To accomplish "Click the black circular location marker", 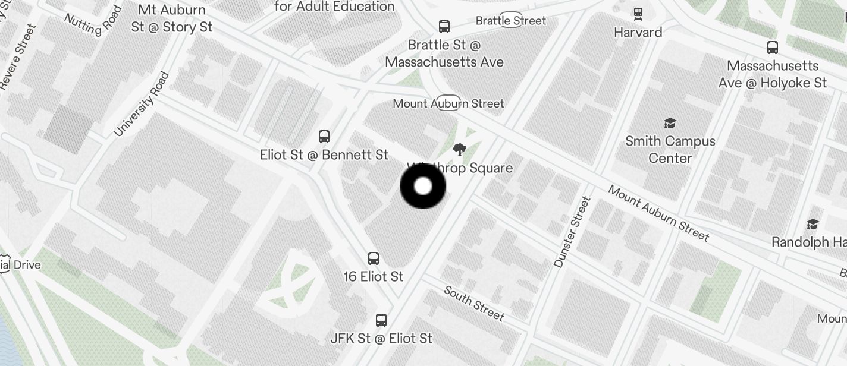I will (x=423, y=187).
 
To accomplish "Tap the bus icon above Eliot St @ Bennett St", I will (x=324, y=137).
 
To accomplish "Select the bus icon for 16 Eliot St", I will (x=374, y=258).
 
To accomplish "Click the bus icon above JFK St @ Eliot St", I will (x=381, y=320).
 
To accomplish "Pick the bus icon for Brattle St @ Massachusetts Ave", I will (x=444, y=26).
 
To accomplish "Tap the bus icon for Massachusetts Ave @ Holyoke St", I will (x=773, y=48).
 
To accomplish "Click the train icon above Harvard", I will (x=638, y=14).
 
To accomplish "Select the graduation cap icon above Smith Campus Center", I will (x=670, y=123).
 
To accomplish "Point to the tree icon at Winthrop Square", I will (x=459, y=150).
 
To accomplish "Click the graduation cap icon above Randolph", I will (x=813, y=224).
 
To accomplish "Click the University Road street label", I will (x=142, y=104).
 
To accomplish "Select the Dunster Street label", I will (x=572, y=232).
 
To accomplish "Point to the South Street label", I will (x=474, y=303).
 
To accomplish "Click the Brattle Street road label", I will (x=510, y=21).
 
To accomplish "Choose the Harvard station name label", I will (x=638, y=32).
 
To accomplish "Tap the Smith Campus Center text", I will (x=670, y=150).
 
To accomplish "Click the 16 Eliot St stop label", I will (x=374, y=276).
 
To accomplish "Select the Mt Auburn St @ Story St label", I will (x=172, y=18).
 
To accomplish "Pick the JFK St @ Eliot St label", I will (x=381, y=338).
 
